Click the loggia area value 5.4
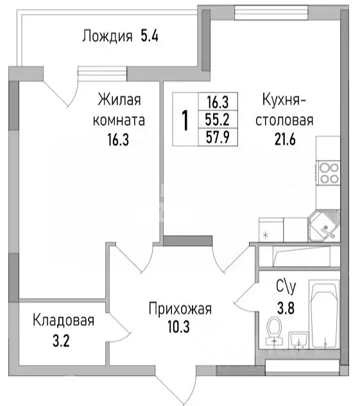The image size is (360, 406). (150, 36)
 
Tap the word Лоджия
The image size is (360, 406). (107, 36)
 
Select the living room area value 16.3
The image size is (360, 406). (119, 140)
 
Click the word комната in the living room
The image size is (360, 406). (119, 120)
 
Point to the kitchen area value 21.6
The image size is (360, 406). (286, 140)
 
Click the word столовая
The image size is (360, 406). (286, 120)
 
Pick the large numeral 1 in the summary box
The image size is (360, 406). (185, 120)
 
